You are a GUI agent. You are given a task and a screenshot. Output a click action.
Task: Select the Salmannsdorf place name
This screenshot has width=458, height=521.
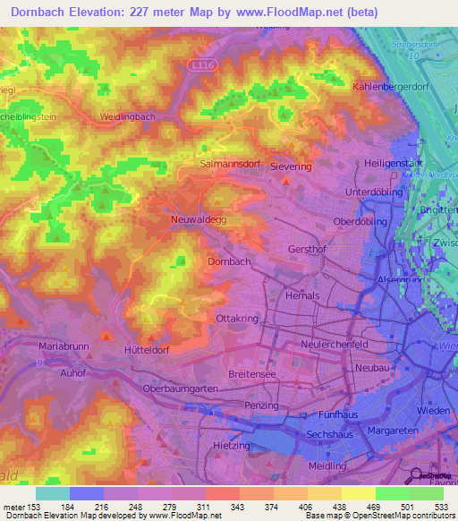[227, 167]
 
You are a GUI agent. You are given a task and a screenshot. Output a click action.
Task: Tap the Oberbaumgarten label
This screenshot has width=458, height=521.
[181, 390]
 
